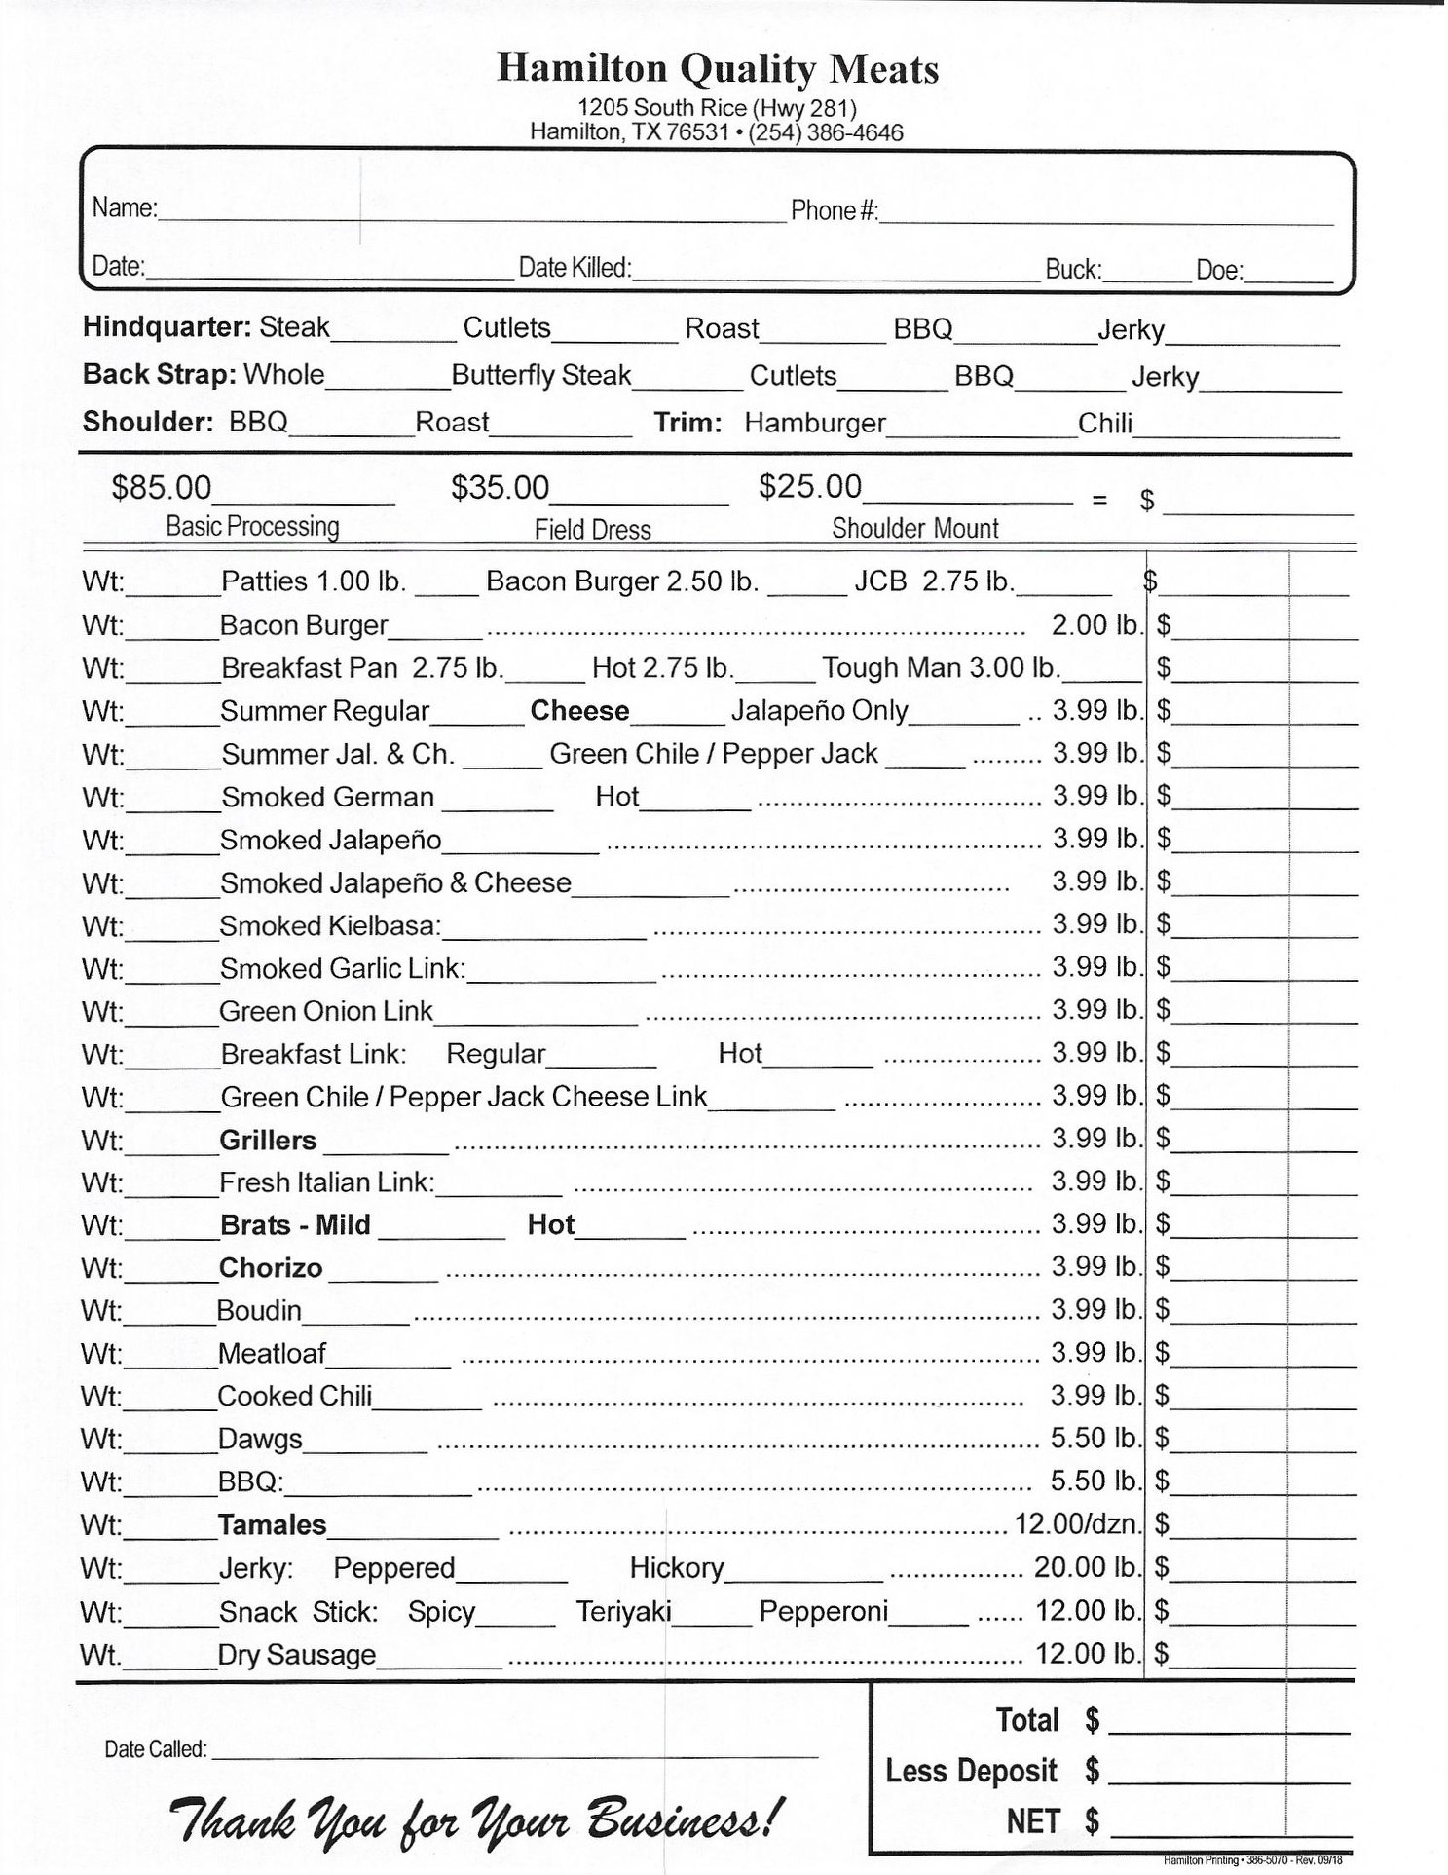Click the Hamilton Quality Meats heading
(x=718, y=69)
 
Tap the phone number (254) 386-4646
(x=825, y=132)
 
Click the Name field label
(x=125, y=208)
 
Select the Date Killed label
(x=575, y=268)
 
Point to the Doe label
(x=1219, y=270)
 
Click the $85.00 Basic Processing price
(x=162, y=487)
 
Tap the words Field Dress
(x=592, y=530)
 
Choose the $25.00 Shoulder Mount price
(x=810, y=486)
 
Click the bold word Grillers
(x=268, y=1140)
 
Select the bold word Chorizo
(x=271, y=1268)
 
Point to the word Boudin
(x=259, y=1311)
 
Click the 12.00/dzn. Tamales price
(x=1077, y=1523)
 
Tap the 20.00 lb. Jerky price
(x=1087, y=1567)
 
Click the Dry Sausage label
(x=297, y=1655)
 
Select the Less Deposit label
(x=971, y=1771)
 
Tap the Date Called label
(x=156, y=1749)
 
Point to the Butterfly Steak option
(x=541, y=375)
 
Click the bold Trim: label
(x=687, y=423)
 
